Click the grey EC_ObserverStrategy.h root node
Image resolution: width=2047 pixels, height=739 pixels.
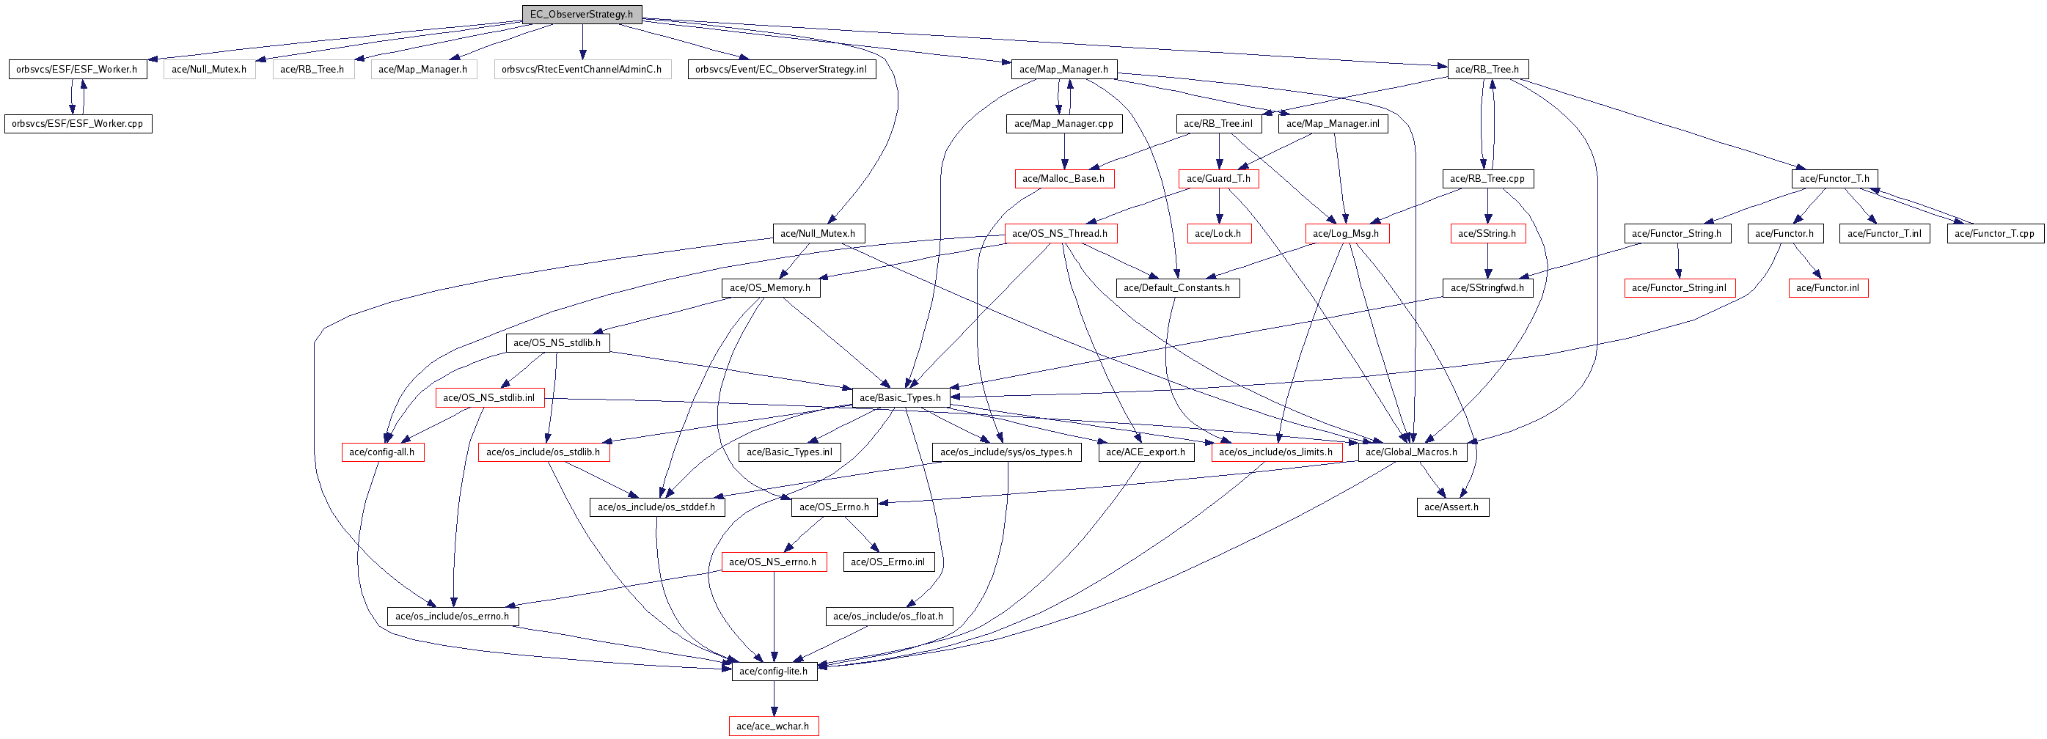581,15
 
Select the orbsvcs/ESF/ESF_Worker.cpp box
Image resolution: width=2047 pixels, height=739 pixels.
78,124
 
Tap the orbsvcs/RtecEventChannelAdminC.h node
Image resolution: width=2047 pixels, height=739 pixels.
582,69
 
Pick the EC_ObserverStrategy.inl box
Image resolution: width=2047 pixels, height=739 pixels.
780,69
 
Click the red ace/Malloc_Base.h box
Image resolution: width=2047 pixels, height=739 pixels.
1063,179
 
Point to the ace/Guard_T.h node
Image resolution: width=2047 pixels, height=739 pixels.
1218,179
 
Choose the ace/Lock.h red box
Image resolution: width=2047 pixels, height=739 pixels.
1218,234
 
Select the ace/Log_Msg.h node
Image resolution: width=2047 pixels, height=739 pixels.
1346,234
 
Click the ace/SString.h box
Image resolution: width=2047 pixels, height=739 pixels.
1487,234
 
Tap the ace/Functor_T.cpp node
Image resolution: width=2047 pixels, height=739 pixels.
1994,234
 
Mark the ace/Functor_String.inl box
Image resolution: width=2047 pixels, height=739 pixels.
1679,287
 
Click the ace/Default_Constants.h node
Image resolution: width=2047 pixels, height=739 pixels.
1177,287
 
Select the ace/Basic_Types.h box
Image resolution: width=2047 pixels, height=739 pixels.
901,397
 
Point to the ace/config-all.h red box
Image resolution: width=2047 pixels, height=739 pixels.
382,452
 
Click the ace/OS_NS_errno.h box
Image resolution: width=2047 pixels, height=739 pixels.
773,562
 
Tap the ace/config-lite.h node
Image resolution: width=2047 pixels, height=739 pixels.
774,672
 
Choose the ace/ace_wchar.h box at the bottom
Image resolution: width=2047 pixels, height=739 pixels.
773,727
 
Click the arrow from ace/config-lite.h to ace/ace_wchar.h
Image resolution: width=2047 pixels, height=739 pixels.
774,699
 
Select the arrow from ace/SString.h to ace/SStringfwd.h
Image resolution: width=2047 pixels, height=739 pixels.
1487,261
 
